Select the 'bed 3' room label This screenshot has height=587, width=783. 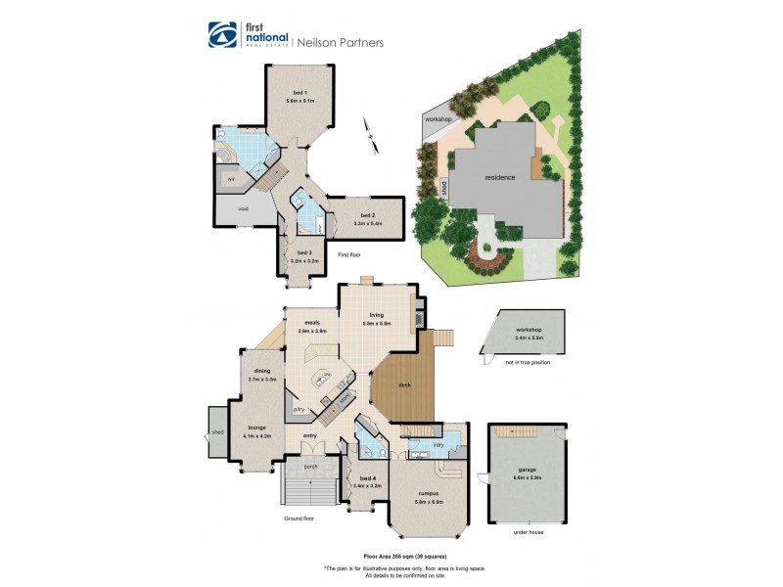click(x=299, y=252)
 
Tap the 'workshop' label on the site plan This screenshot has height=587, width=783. click(x=438, y=119)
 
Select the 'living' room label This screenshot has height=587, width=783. click(x=378, y=315)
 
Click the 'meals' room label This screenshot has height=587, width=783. click(x=312, y=323)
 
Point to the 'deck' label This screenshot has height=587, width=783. click(x=404, y=384)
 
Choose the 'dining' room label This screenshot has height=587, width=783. click(x=262, y=371)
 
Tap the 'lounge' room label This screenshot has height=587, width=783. click(x=257, y=428)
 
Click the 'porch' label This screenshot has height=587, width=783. click(x=311, y=466)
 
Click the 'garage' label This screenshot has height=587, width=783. click(x=528, y=470)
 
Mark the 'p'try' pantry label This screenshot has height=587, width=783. click(x=300, y=409)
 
